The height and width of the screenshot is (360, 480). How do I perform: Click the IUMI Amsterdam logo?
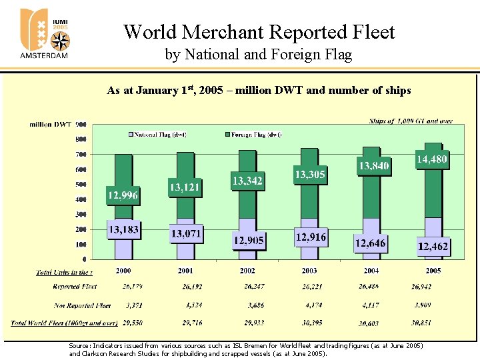pos(45,33)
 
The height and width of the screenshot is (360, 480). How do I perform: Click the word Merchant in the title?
pos(227,32)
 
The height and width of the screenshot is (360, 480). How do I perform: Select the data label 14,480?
pos(432,160)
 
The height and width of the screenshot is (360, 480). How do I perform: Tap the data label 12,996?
pos(123,195)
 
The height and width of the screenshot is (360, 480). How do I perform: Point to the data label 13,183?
pos(123,230)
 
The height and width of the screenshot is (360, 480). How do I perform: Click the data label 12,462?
pos(433,247)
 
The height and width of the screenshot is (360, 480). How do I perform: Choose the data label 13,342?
pos(247,181)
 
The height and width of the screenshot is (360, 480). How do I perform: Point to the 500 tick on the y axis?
pos(80,185)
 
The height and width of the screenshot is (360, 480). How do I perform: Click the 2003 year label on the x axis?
pos(309,271)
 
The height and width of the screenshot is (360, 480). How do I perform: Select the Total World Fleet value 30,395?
pos(309,323)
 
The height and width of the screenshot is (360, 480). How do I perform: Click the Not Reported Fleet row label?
pos(82,305)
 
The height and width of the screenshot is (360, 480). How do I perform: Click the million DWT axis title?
pos(50,124)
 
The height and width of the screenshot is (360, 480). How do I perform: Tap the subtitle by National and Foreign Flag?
pos(258,55)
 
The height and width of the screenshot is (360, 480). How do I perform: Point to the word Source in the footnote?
pos(78,346)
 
